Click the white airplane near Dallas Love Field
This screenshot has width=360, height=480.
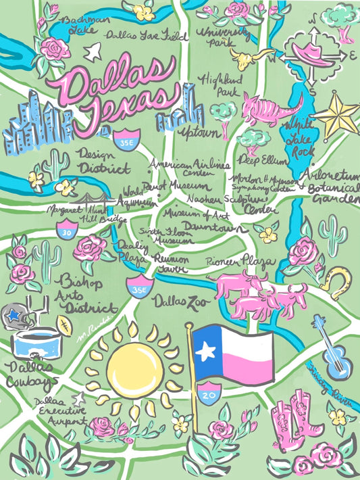94,49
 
